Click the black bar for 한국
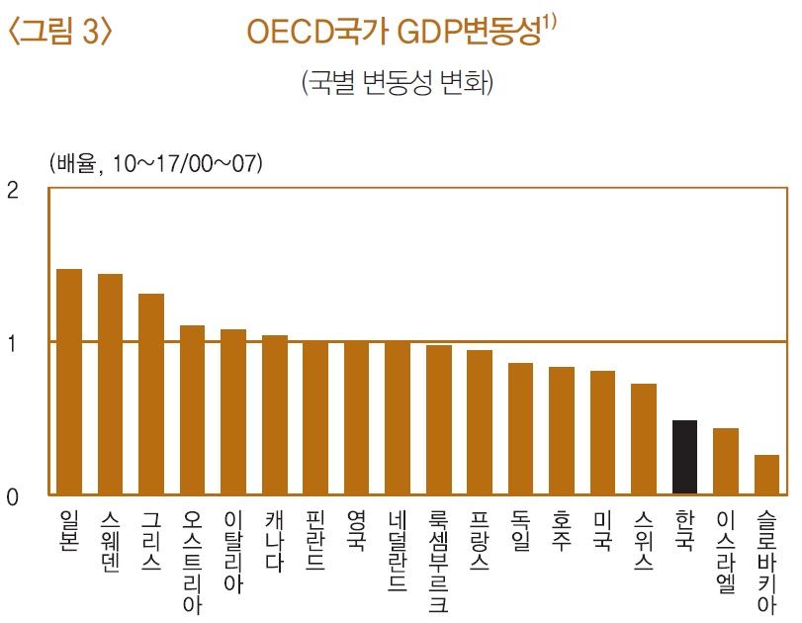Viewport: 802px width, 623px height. pyautogui.click(x=684, y=457)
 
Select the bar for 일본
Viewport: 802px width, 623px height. pyautogui.click(x=69, y=381)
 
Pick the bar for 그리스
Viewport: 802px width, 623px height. pyautogui.click(x=151, y=394)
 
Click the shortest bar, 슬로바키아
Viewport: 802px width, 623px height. pyautogui.click(x=766, y=475)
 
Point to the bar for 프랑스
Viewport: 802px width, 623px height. pyautogui.click(x=480, y=422)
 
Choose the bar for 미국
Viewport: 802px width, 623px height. pyautogui.click(x=602, y=432)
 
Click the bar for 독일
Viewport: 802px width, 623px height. pyautogui.click(x=520, y=428)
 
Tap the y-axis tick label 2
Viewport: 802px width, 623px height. pyautogui.click(x=13, y=191)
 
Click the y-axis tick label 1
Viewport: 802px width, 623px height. pyautogui.click(x=13, y=343)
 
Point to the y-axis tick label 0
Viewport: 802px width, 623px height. pyautogui.click(x=13, y=496)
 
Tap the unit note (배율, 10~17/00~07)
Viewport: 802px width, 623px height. pyautogui.click(x=155, y=164)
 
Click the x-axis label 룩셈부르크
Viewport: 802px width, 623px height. pyautogui.click(x=438, y=562)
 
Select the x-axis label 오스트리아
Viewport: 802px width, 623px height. pyautogui.click(x=192, y=562)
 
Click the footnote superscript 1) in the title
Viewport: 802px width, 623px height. pyautogui.click(x=551, y=24)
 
